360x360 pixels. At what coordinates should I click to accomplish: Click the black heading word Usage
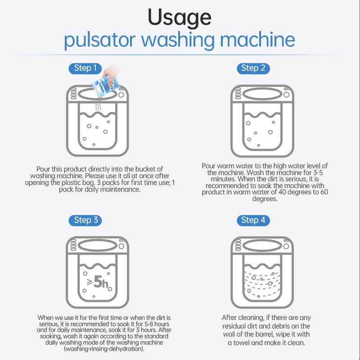(179, 18)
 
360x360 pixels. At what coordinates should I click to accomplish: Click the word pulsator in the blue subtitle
(99, 40)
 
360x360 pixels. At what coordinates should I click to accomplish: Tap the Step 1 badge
(85, 68)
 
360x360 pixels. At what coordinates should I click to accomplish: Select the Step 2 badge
(253, 68)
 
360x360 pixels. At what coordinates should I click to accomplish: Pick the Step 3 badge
(85, 220)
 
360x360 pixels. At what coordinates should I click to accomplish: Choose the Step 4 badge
(253, 220)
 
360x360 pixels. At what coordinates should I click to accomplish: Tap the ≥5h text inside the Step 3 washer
(98, 282)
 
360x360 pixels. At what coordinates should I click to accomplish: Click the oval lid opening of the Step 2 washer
(262, 94)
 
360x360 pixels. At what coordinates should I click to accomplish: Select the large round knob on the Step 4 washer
(286, 246)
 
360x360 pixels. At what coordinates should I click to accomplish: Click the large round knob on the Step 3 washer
(121, 246)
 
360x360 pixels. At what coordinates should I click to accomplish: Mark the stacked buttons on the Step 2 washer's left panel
(238, 94)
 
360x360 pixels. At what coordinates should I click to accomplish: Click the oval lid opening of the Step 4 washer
(262, 246)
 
